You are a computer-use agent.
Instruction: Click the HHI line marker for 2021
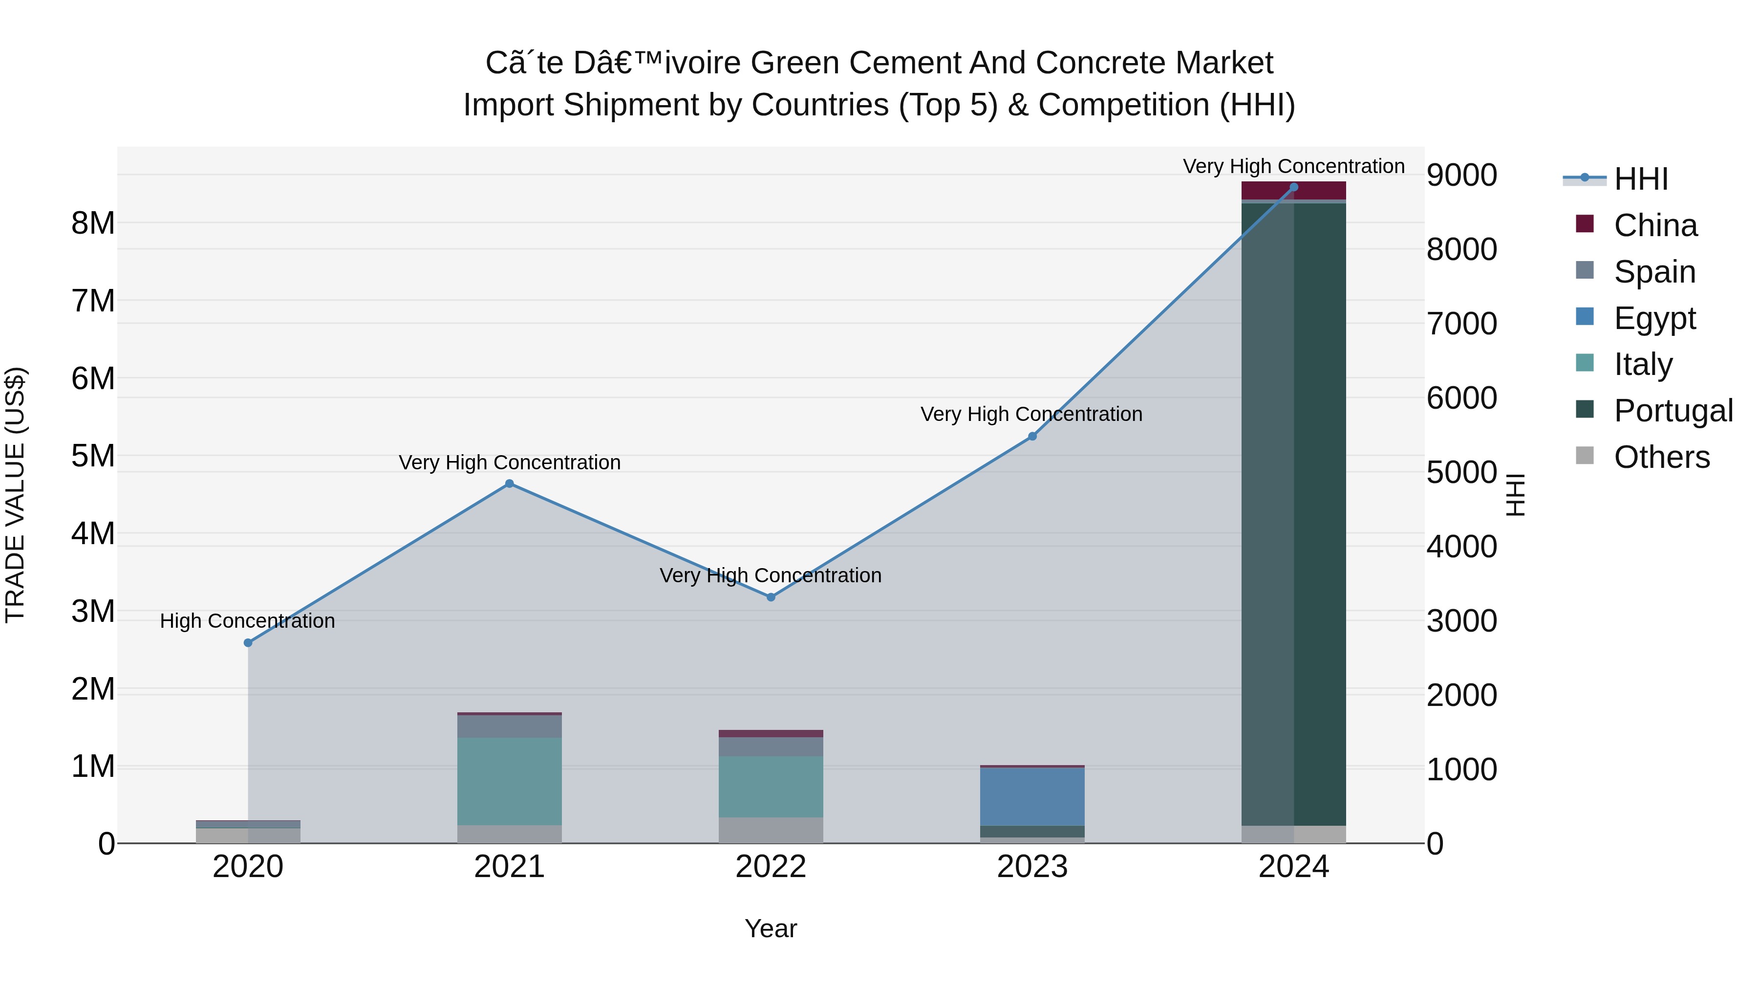[510, 484]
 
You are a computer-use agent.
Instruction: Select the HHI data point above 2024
[1293, 187]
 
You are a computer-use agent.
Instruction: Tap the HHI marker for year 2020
[248, 643]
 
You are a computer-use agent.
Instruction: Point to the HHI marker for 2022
[771, 597]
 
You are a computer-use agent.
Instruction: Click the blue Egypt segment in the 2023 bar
[1032, 797]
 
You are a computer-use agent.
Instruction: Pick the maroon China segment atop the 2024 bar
[1293, 191]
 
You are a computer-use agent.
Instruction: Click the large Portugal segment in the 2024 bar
[1293, 512]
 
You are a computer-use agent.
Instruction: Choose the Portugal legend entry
[1673, 411]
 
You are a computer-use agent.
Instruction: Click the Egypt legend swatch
[1584, 317]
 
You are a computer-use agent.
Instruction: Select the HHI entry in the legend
[1641, 179]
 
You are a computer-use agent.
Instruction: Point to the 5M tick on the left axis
[93, 456]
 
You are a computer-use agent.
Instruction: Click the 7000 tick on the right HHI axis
[1461, 323]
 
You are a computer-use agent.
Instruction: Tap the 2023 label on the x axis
[1032, 867]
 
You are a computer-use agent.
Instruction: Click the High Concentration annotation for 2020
[247, 620]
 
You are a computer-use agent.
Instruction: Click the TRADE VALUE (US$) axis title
[15, 495]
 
